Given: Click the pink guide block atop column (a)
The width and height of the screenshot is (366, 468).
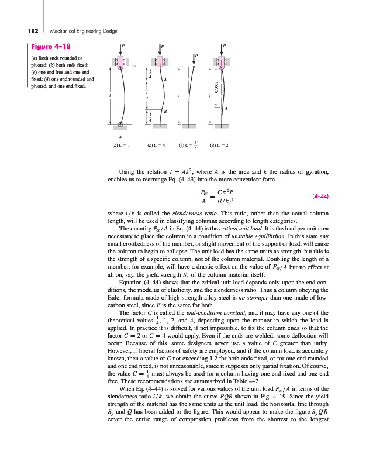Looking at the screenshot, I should [121, 61].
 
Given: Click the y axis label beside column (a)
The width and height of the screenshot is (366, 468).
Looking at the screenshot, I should [134, 66].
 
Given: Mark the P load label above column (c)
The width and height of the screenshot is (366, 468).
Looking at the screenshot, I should [196, 56].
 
